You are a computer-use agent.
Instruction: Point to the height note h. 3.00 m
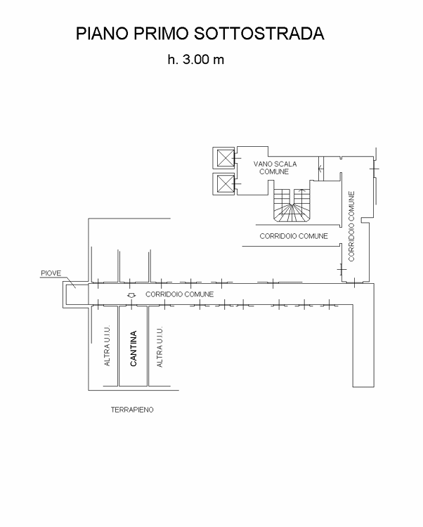[195, 60]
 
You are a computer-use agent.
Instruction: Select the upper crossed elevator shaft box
[224, 157]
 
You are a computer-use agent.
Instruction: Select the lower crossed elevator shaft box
[224, 184]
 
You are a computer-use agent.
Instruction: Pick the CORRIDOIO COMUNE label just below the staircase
[294, 236]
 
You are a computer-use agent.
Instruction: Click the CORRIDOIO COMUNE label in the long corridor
[180, 294]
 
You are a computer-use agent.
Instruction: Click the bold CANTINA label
[133, 349]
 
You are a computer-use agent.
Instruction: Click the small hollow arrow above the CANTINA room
[131, 296]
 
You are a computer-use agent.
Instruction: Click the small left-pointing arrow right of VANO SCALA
[321, 167]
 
